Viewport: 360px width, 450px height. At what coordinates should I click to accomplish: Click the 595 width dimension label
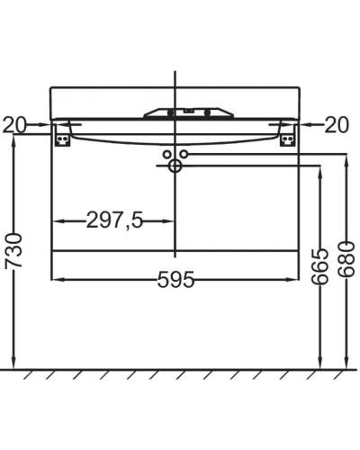click(x=175, y=280)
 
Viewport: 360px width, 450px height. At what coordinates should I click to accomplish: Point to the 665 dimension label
click(x=319, y=266)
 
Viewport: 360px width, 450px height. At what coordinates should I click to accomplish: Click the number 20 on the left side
click(x=14, y=124)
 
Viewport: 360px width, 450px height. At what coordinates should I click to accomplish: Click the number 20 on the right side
click(x=336, y=124)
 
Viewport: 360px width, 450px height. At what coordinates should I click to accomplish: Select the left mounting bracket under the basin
click(x=62, y=135)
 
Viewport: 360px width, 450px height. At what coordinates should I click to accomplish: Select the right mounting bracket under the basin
click(x=287, y=135)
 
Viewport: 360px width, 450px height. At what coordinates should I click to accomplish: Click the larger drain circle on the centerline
click(x=175, y=166)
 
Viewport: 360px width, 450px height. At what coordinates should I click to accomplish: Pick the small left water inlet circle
click(x=166, y=154)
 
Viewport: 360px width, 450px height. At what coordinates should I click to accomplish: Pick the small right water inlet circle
click(x=184, y=154)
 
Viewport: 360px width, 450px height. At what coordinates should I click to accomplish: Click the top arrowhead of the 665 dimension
click(x=319, y=172)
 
